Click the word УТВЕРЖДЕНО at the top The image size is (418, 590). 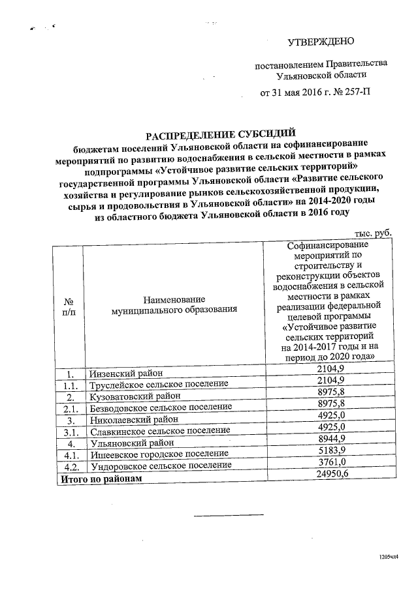click(x=321, y=42)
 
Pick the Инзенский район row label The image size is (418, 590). click(x=124, y=374)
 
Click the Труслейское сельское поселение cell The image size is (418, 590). click(x=158, y=385)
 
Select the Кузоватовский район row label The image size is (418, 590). click(x=131, y=396)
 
